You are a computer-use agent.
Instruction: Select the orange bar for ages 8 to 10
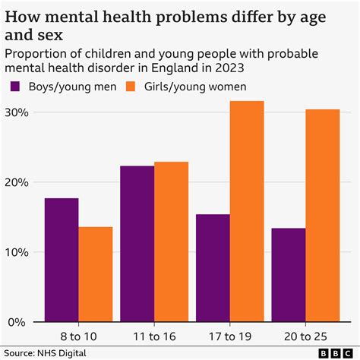[x=95, y=274]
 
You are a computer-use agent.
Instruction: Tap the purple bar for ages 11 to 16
[x=137, y=244]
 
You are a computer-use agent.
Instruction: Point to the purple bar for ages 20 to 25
[x=289, y=275]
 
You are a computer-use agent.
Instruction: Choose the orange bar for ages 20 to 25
[x=323, y=216]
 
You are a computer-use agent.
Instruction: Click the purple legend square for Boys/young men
[x=14, y=87]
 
